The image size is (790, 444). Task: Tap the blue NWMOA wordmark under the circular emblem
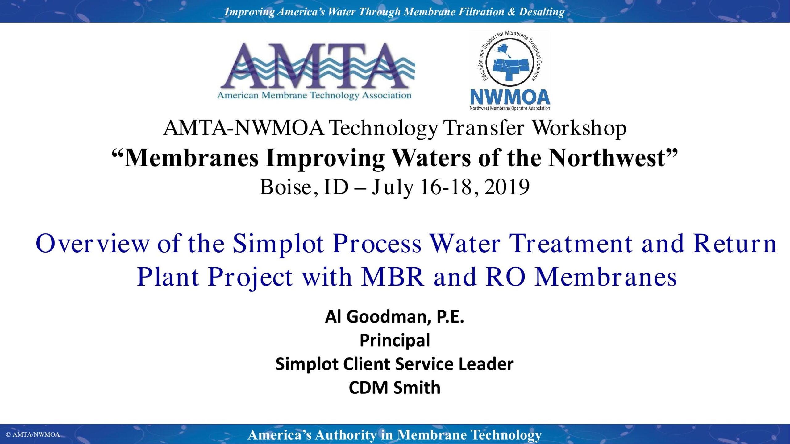tap(510, 97)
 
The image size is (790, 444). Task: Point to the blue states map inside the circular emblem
tap(510, 65)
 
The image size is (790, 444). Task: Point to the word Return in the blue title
tap(735, 244)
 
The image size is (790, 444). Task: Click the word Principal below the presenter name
tap(395, 341)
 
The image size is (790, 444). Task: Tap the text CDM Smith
tap(395, 388)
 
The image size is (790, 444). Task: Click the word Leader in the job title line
tap(486, 364)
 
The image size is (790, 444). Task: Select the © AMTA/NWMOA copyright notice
tap(33, 434)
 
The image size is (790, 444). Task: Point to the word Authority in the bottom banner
tap(346, 435)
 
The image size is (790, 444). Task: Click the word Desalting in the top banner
tap(542, 12)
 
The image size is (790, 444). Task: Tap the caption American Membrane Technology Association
tap(314, 96)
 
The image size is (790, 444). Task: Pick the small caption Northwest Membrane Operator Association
tap(510, 108)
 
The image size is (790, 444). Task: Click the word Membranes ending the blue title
tap(606, 277)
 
